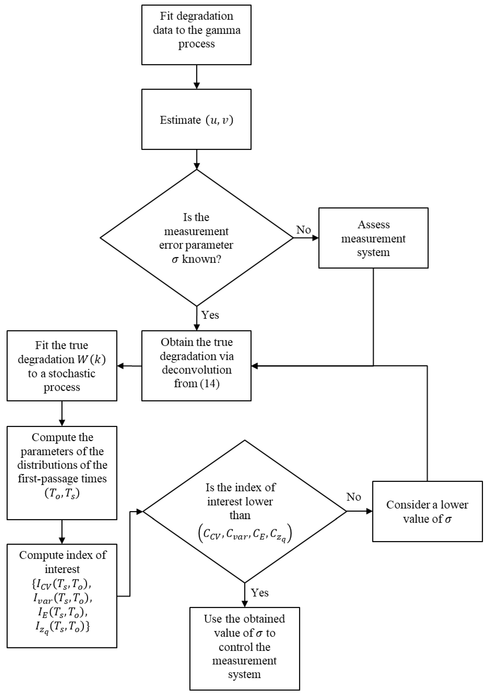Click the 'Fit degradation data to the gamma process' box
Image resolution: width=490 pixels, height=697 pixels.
point(196,35)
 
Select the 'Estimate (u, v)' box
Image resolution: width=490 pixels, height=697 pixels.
point(196,119)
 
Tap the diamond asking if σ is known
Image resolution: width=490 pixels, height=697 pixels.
point(196,238)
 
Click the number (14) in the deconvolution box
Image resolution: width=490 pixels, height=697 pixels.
point(209,383)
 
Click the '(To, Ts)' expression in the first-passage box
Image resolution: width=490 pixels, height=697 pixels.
point(62,494)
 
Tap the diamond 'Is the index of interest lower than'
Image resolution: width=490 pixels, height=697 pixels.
point(245,511)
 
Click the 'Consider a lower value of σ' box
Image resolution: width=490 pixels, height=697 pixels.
point(427,511)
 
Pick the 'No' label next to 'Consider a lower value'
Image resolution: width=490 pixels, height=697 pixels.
point(354,497)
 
